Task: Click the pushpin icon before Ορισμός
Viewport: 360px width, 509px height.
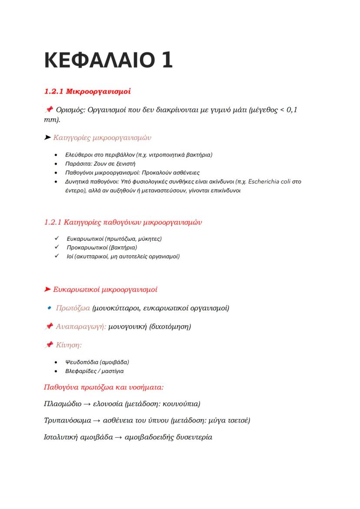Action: pos(49,110)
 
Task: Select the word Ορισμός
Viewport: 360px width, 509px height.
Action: pos(71,110)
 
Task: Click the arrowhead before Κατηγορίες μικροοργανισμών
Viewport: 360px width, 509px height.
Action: pos(47,138)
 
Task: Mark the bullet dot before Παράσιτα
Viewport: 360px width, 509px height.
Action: pos(55,164)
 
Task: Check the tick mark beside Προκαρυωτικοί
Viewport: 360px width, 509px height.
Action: pos(57,247)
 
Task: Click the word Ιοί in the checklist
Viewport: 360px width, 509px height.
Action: pos(70,256)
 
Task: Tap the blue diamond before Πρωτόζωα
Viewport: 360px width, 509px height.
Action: pos(49,308)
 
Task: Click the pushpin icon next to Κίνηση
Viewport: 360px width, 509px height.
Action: pos(49,345)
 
